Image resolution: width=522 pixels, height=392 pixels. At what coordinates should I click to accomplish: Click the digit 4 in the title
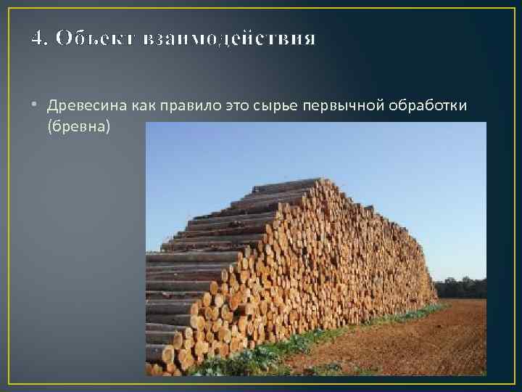click(36, 38)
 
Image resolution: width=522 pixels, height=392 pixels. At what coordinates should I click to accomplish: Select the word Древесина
click(87, 106)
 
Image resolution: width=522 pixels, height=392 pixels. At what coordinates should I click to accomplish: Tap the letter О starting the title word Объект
click(63, 38)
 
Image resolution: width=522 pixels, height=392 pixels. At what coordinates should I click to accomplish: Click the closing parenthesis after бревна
click(111, 127)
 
